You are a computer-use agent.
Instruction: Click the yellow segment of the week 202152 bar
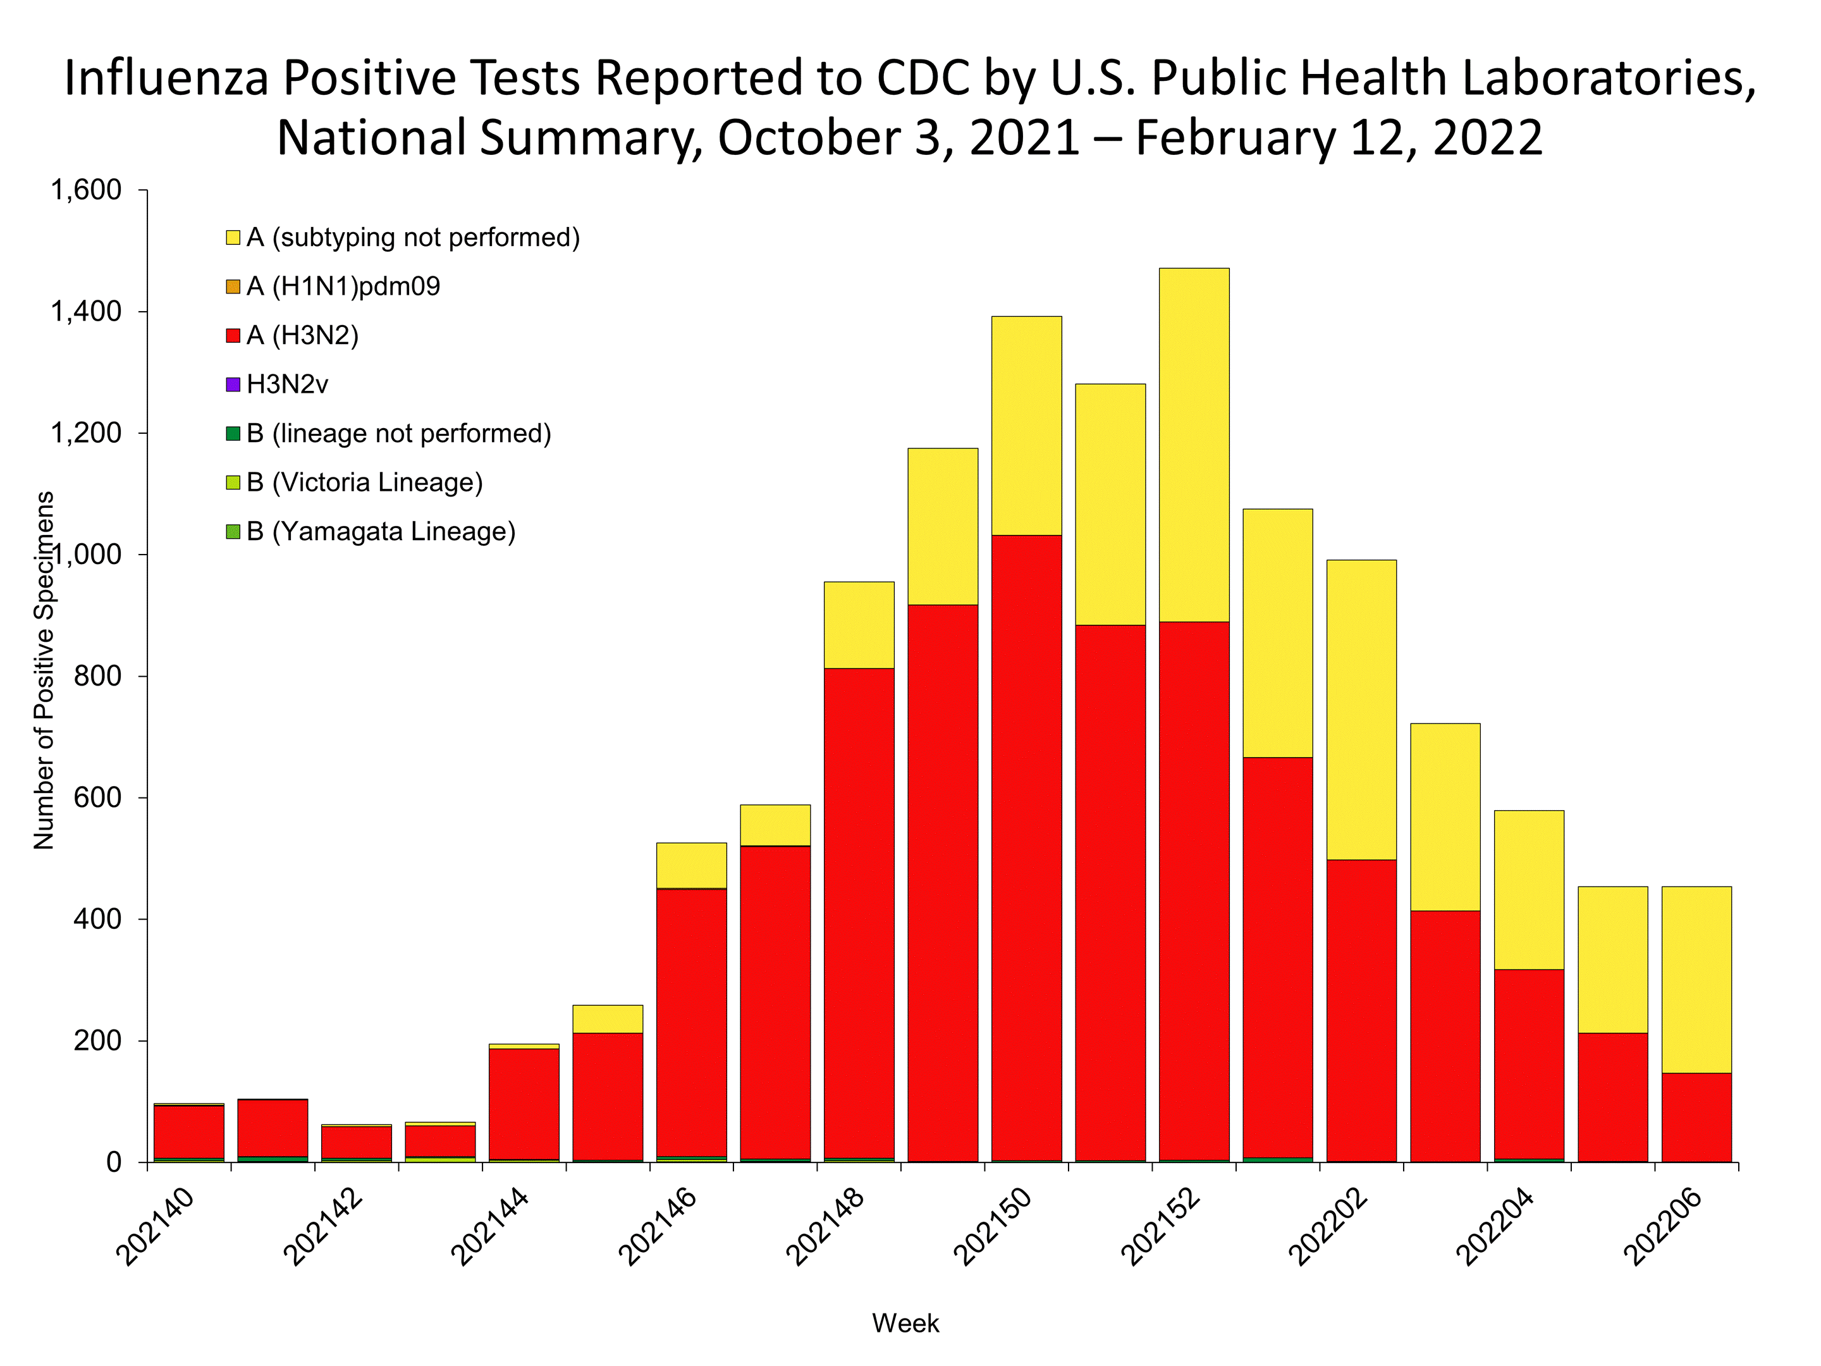1194,445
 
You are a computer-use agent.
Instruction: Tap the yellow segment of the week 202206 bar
1696,979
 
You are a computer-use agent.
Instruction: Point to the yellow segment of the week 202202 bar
1361,709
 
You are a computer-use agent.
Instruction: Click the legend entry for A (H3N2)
302,336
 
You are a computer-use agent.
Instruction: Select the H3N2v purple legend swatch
233,385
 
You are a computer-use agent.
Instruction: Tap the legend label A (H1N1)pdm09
343,286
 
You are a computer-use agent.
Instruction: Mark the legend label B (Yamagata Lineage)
381,532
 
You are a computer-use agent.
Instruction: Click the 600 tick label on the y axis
97,798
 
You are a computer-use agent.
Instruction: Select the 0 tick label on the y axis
114,1162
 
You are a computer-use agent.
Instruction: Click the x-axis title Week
905,1323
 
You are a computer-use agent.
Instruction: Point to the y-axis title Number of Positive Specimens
44,670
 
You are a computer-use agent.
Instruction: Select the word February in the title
1235,137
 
